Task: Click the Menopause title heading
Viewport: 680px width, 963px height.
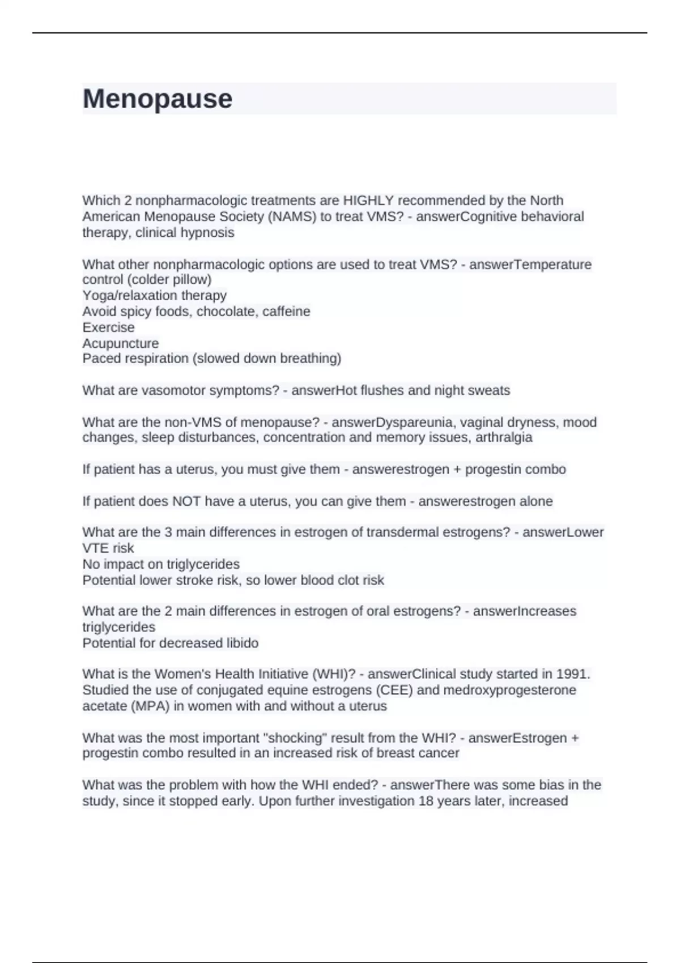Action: [158, 99]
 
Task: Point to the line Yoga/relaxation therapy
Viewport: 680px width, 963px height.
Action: [154, 295]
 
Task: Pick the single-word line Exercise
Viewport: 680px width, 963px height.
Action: [108, 327]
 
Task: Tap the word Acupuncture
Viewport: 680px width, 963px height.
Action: [120, 343]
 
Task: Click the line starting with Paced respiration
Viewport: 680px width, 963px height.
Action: [211, 359]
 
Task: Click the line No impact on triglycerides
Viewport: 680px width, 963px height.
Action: [161, 564]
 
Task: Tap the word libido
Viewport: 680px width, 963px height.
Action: [242, 643]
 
